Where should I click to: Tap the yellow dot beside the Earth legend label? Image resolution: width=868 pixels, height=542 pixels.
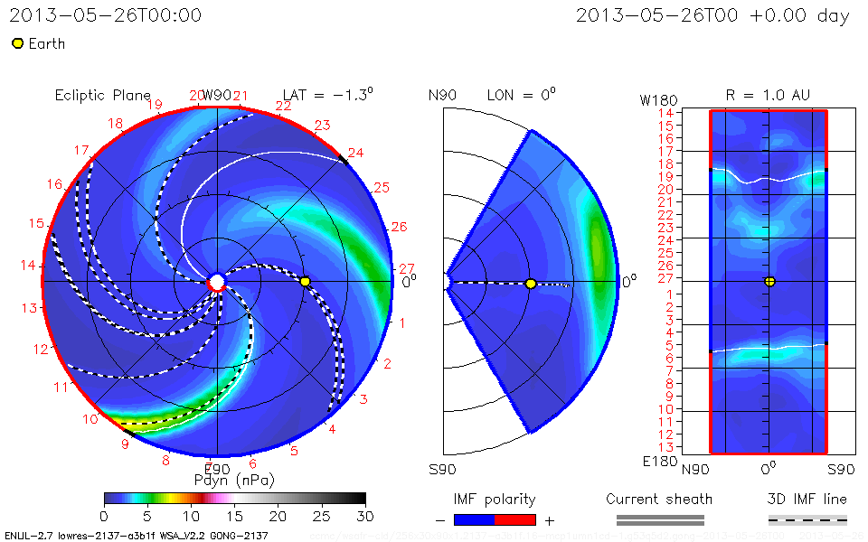pyautogui.click(x=17, y=43)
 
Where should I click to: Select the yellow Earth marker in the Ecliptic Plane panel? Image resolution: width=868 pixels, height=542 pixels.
pyautogui.click(x=306, y=282)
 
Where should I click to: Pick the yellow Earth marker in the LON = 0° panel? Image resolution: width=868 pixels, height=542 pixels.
pyautogui.click(x=531, y=284)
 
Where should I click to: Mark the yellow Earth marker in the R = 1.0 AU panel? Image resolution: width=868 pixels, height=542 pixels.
pyautogui.click(x=769, y=281)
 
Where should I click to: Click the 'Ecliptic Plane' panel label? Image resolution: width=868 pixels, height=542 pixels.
pyautogui.click(x=102, y=96)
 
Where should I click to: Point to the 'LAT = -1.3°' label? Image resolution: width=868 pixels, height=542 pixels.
pyautogui.click(x=327, y=94)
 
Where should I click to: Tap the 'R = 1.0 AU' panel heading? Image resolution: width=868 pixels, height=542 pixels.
pyautogui.click(x=768, y=95)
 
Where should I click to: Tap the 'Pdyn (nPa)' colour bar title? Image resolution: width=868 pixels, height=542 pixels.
pyautogui.click(x=234, y=479)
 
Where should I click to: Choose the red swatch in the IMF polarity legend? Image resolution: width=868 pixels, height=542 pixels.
pyautogui.click(x=515, y=519)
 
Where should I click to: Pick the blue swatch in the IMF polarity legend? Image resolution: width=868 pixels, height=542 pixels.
pyautogui.click(x=475, y=519)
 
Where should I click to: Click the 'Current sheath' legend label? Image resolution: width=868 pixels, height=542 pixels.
pyautogui.click(x=659, y=499)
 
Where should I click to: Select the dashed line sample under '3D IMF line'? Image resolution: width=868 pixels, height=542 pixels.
pyautogui.click(x=807, y=519)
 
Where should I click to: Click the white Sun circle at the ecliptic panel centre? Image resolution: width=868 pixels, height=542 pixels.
pyautogui.click(x=216, y=282)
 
